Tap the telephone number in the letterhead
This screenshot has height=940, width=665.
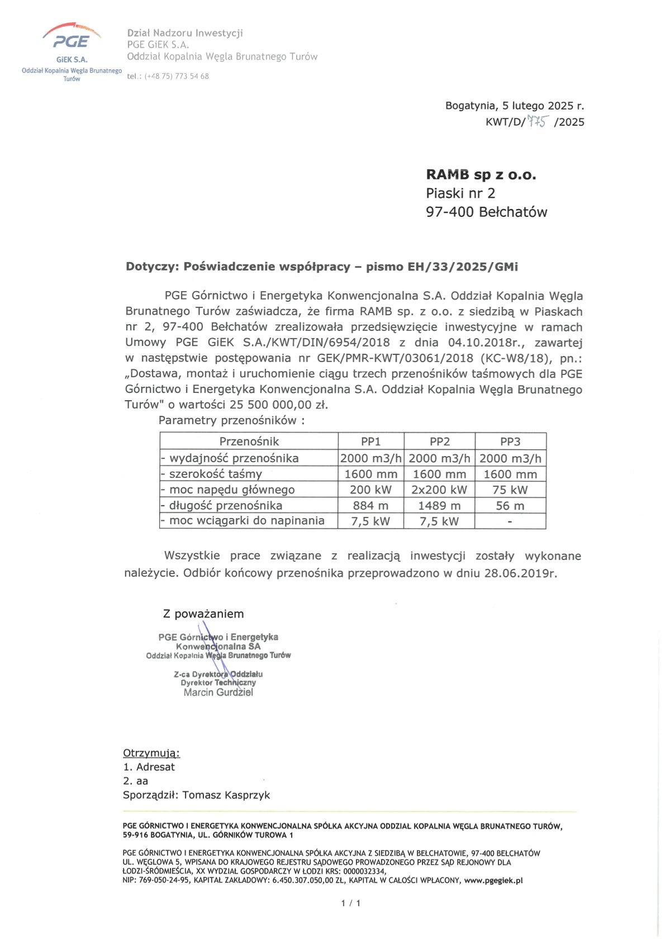[176, 76]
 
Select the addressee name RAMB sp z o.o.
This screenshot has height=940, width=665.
[481, 175]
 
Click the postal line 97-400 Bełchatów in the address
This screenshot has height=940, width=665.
[486, 212]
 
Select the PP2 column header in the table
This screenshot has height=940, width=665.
[440, 441]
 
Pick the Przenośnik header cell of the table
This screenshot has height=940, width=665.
[249, 441]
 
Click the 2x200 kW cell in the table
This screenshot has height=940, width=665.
[440, 490]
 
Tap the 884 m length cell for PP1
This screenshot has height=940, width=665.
[371, 505]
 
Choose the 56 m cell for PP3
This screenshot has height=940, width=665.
[510, 505]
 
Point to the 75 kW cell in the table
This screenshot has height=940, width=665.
[510, 490]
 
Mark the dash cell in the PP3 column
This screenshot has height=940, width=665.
[510, 521]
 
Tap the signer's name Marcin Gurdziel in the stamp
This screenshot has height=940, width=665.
[218, 692]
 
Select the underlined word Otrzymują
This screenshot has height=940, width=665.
[151, 753]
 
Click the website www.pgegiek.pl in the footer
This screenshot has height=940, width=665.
[493, 880]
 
